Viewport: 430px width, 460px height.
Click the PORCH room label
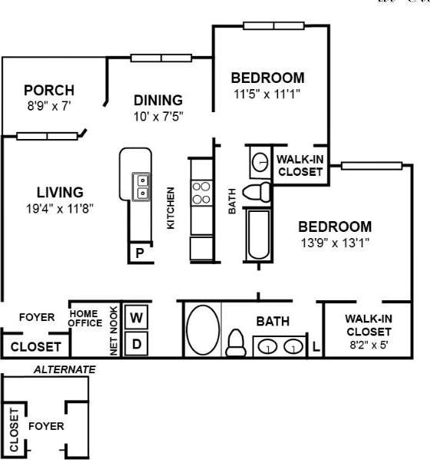(x=48, y=89)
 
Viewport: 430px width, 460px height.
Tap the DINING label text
(x=158, y=101)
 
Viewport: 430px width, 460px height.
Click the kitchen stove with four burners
(x=201, y=192)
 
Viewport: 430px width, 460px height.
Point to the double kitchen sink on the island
(x=141, y=185)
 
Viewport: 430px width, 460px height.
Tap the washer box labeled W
(x=136, y=316)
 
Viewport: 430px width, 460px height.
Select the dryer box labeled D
(x=136, y=343)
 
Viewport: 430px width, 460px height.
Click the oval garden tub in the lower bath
(x=202, y=329)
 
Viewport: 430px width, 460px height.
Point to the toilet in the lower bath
(x=237, y=340)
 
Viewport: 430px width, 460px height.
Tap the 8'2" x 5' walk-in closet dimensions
(x=369, y=345)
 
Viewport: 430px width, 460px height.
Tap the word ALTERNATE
(x=64, y=369)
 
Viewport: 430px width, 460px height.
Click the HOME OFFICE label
(x=86, y=318)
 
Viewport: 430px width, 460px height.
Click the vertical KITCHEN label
(x=171, y=207)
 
